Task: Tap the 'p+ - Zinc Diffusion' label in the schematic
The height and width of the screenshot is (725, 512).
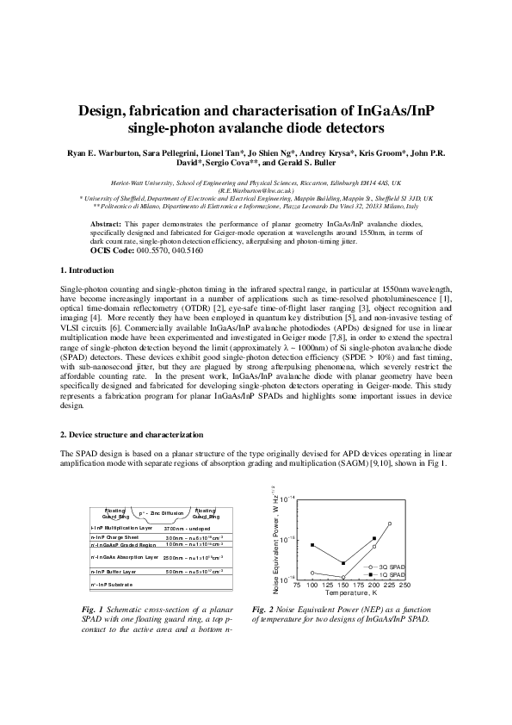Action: pyautogui.click(x=161, y=512)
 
